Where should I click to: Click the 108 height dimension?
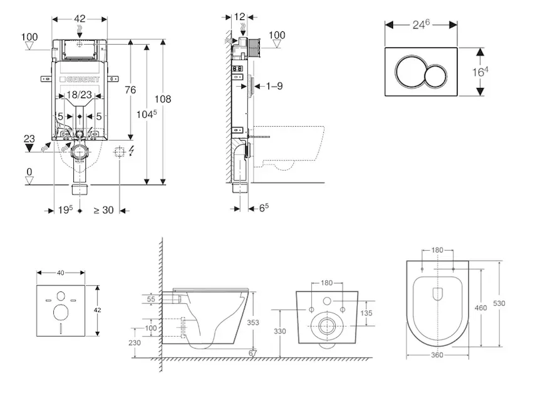pyautogui.click(x=163, y=99)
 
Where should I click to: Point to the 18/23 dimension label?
pyautogui.click(x=80, y=95)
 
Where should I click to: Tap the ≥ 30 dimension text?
pyautogui.click(x=103, y=210)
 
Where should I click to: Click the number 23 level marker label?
pyautogui.click(x=29, y=139)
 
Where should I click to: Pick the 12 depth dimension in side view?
pyautogui.click(x=240, y=15)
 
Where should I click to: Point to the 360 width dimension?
pyautogui.click(x=437, y=355)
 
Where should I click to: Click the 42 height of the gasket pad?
pyautogui.click(x=97, y=310)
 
